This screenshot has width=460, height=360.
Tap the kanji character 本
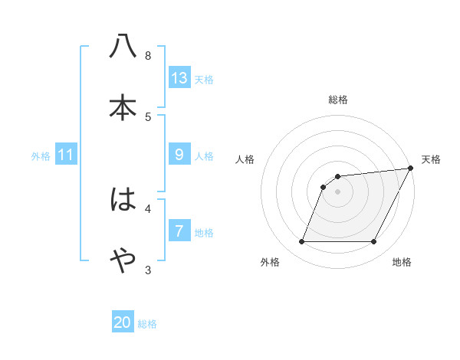point(123,108)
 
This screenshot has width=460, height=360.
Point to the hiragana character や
point(123,261)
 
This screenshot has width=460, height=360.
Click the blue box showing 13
point(179,78)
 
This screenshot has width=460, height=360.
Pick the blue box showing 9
point(179,155)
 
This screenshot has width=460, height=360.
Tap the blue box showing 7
point(179,231)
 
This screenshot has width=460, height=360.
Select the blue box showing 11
point(65,155)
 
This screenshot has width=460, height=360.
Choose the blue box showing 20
point(123,322)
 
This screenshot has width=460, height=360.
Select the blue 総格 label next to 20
point(147,324)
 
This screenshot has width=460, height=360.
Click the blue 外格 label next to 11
point(41,156)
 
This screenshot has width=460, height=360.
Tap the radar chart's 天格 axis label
point(431,159)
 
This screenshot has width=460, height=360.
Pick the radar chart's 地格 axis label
point(402,262)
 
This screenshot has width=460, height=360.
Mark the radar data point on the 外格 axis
point(301,242)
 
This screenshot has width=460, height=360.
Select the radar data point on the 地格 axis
point(374,242)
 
